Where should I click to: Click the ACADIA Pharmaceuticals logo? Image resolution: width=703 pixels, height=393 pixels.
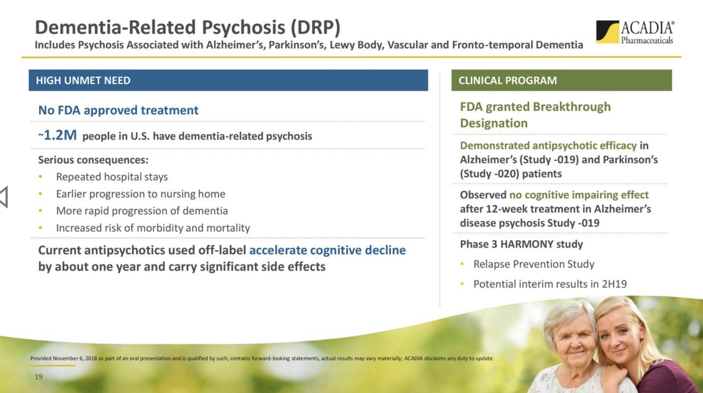point(635,32)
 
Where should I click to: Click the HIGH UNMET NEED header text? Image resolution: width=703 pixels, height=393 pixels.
point(83,80)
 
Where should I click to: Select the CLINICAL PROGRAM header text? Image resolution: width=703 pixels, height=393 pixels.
point(508,80)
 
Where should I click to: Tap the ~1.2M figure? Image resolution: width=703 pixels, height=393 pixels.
point(57,135)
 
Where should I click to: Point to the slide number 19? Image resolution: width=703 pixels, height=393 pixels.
point(39,376)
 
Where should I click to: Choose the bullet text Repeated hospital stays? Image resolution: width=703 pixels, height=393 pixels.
point(112,177)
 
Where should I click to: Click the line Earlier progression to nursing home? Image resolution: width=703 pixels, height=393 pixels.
point(141,194)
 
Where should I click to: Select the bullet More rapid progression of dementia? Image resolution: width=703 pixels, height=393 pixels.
point(142,211)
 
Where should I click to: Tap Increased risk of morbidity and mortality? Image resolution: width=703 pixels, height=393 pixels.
point(153,228)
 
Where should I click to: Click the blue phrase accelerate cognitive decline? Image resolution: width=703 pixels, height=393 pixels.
point(328,250)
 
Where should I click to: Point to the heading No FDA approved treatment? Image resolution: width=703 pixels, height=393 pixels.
point(118,110)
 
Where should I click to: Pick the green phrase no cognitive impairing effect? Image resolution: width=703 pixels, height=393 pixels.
point(579,195)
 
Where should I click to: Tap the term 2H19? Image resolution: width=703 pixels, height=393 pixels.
point(614,284)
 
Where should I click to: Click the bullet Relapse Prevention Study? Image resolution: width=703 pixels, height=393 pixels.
point(534,264)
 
